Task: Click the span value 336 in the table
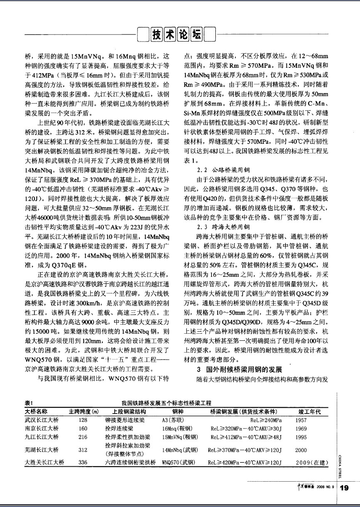pos(83,462)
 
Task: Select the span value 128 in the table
pos(83,420)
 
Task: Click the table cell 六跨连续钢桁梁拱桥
pos(130,462)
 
